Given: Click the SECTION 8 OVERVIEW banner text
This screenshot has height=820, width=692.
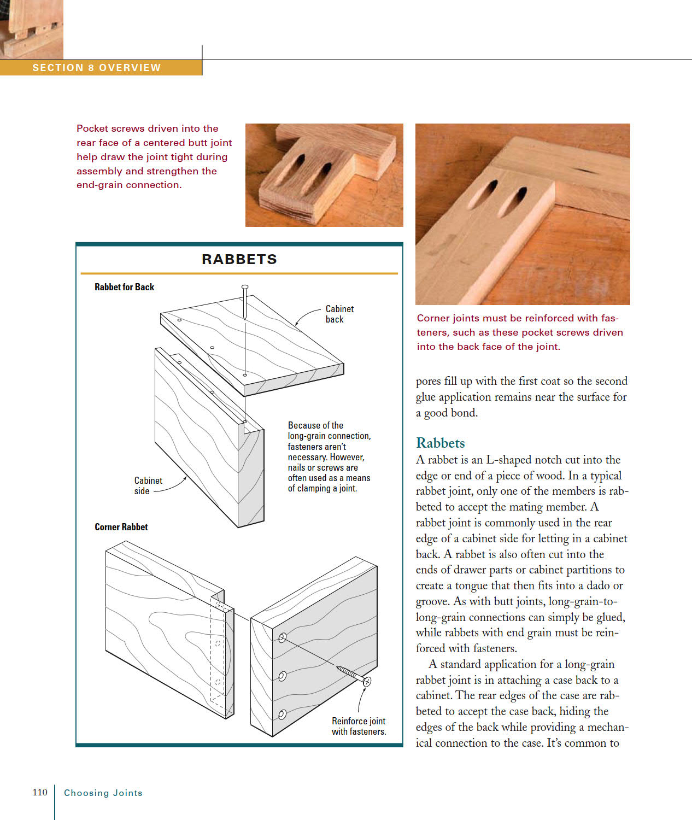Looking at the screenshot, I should (x=97, y=68).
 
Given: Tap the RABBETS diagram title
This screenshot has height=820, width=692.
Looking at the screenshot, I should (x=239, y=259).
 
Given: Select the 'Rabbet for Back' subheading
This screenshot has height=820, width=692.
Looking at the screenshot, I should (x=124, y=287).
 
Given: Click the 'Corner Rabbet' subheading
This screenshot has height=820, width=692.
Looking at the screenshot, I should (x=121, y=527).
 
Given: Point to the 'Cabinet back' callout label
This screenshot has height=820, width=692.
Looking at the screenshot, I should (x=339, y=314).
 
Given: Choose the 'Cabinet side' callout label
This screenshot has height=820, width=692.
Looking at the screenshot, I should (x=148, y=485).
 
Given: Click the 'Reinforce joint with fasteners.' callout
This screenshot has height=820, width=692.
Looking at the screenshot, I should (x=359, y=726).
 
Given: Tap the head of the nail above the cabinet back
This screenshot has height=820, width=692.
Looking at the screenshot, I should (x=245, y=287).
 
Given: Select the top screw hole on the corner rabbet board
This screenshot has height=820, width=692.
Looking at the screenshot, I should (x=283, y=637).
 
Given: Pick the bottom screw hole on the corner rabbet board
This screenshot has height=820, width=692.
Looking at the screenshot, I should (x=283, y=714).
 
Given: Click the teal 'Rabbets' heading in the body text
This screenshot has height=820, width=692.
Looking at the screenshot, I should (x=440, y=443).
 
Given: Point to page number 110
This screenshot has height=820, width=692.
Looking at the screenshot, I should (x=40, y=792).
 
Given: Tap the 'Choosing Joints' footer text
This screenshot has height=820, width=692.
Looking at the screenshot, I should (x=103, y=793).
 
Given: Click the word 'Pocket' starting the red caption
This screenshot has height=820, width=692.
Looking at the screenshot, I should (x=92, y=128).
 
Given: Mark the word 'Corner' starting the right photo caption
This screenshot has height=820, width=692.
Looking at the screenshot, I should (x=433, y=318).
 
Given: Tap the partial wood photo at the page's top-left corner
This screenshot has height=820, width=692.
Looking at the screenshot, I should (x=31, y=29).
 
